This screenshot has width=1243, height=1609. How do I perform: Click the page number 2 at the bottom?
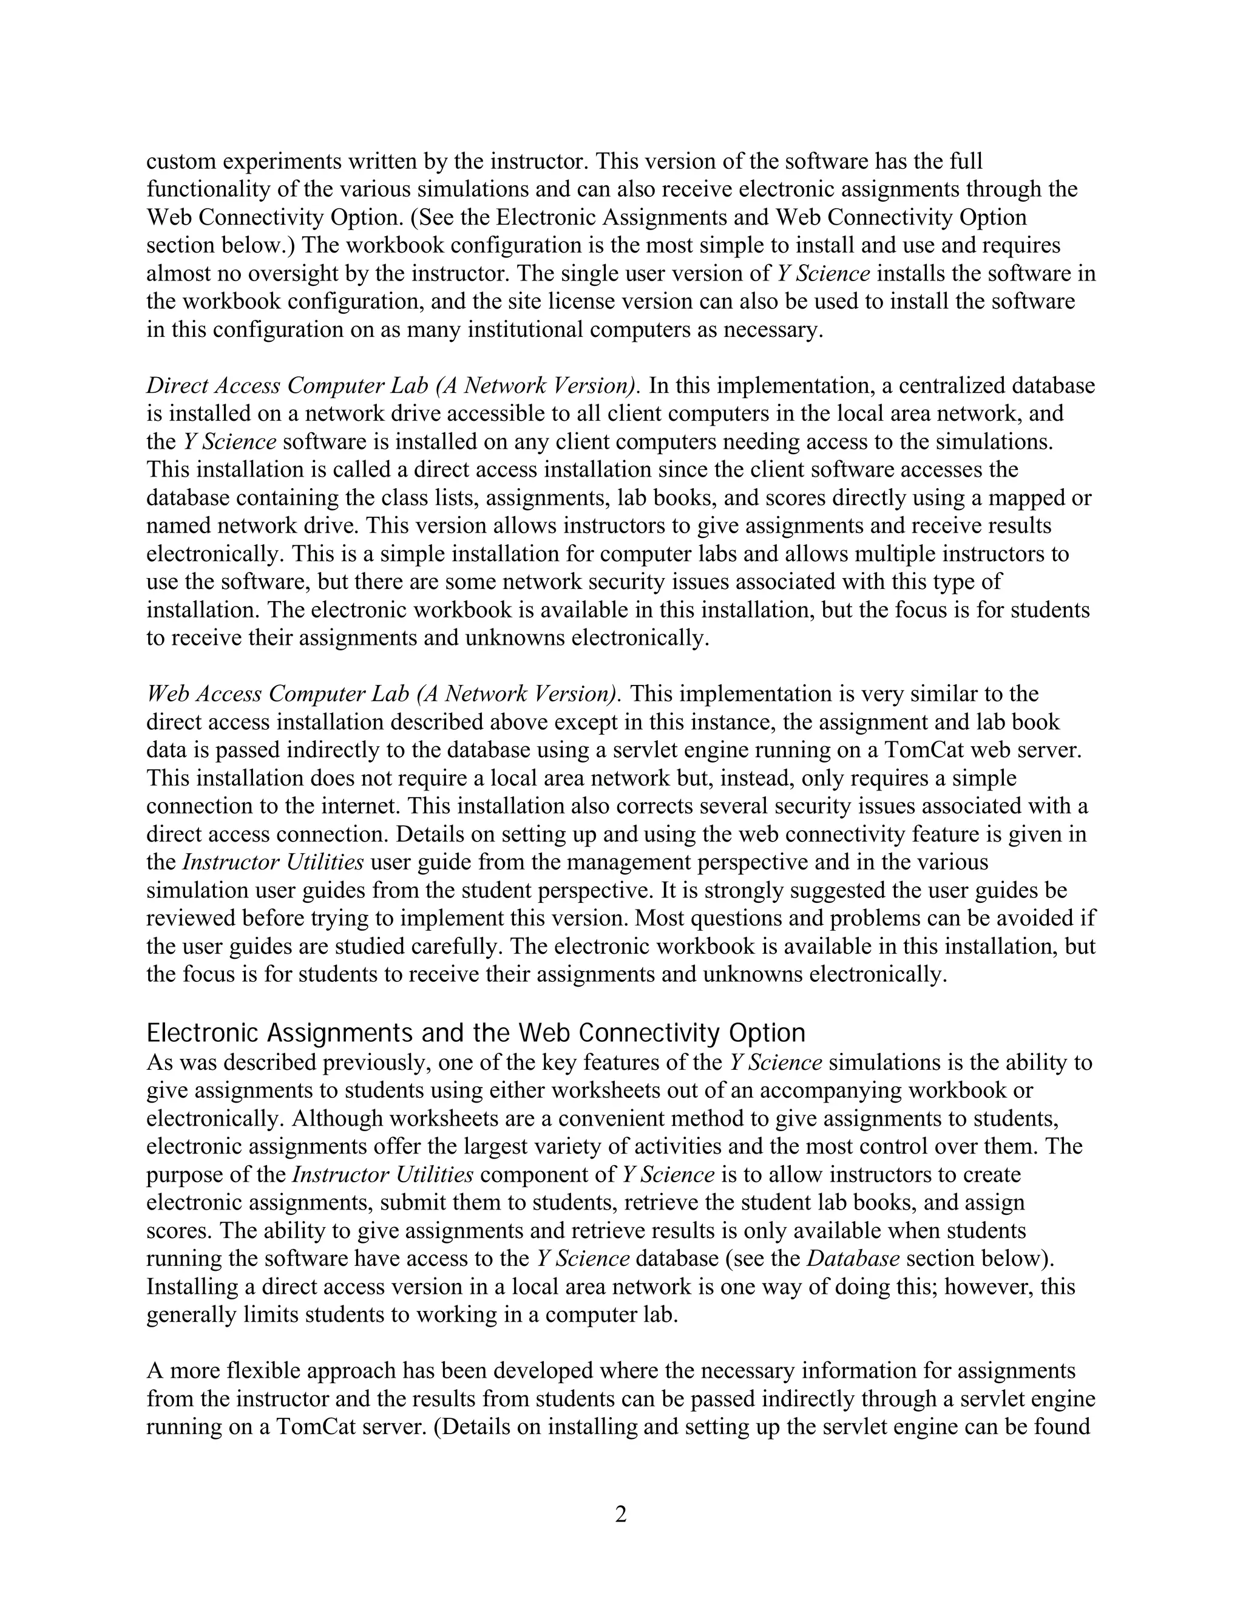(x=621, y=1515)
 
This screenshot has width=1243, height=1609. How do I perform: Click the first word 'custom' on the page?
(x=181, y=162)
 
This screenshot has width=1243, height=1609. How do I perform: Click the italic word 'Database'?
(x=853, y=1259)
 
